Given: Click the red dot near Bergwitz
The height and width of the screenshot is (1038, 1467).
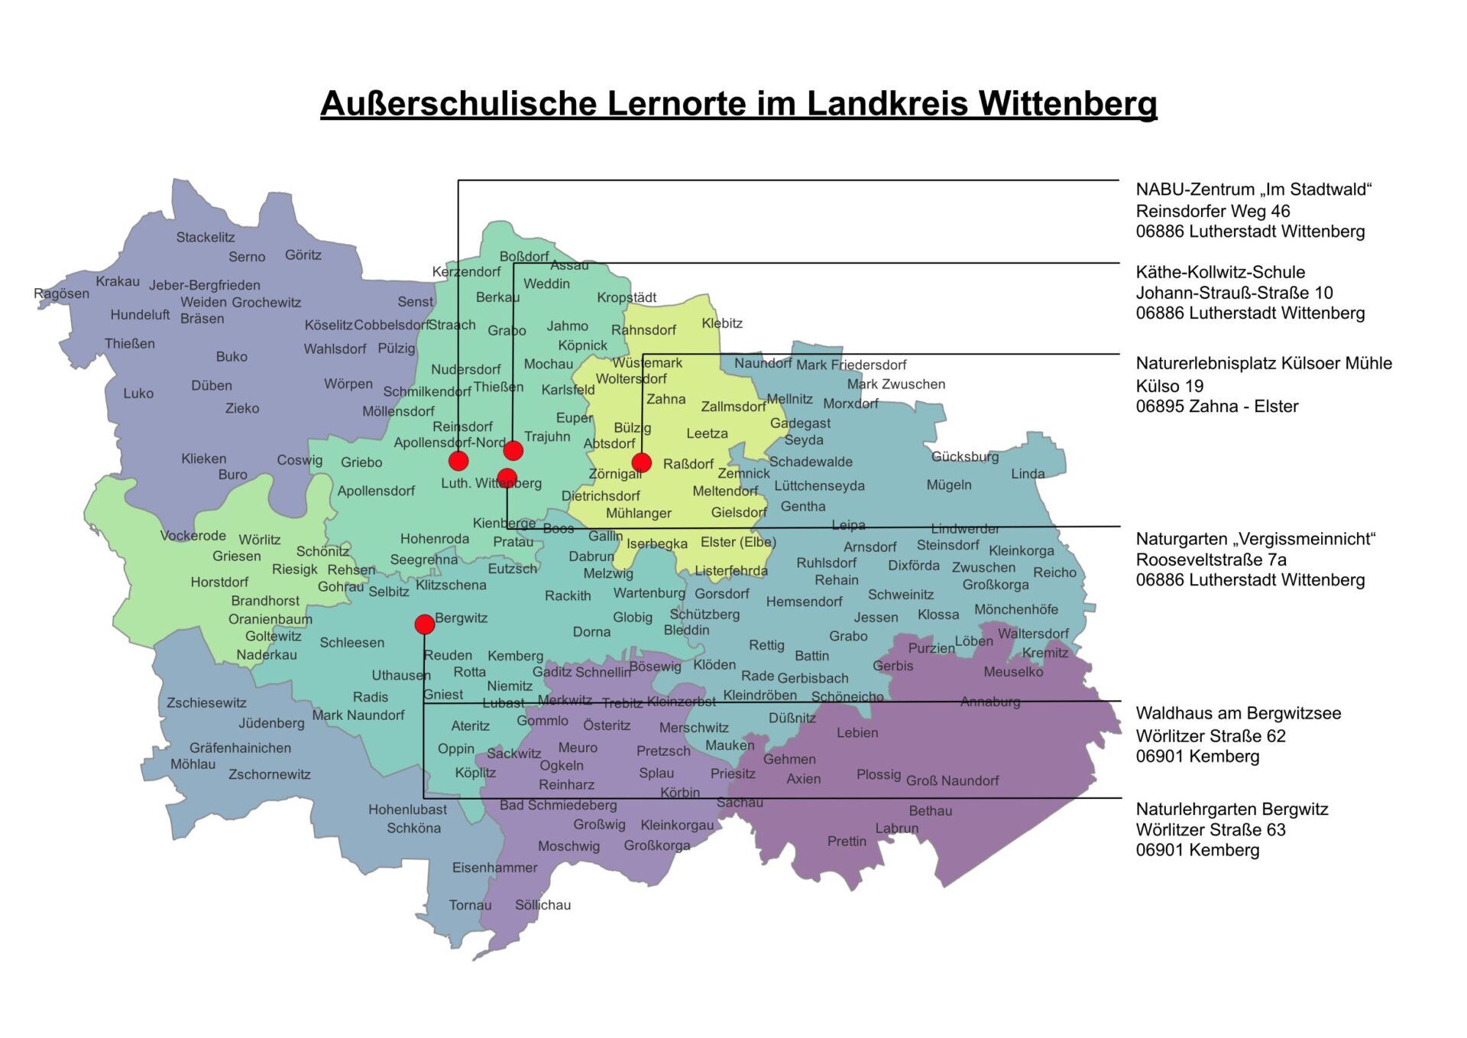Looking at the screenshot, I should (425, 624).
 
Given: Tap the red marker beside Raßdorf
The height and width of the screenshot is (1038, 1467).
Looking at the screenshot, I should (642, 462).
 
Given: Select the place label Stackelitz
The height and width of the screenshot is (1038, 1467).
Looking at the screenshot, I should (206, 237).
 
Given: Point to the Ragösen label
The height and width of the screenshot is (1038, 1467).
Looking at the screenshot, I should (61, 294).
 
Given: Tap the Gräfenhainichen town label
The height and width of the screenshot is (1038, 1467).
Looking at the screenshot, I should (240, 748).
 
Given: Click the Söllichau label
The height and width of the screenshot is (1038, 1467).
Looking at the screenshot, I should (542, 905).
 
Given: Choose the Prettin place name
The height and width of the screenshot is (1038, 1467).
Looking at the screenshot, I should (847, 841).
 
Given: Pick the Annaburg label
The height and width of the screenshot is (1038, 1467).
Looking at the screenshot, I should (989, 702).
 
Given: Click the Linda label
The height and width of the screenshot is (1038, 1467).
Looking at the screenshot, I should (1028, 474).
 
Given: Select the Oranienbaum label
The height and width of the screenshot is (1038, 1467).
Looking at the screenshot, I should (270, 619).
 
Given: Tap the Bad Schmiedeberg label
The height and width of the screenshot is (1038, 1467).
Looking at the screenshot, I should (558, 805).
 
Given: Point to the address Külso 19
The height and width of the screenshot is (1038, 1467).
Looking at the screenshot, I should (1169, 386).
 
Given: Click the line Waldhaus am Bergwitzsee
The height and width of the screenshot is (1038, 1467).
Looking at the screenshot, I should (1238, 713).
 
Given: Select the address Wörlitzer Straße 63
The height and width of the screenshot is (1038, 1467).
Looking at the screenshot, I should (1210, 829).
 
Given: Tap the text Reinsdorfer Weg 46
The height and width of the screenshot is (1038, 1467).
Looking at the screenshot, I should (1213, 211).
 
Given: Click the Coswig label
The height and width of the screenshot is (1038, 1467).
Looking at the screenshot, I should (300, 460).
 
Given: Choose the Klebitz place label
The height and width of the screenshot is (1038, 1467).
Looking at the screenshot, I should (722, 323).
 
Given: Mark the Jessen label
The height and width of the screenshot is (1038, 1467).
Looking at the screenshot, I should (876, 618).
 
